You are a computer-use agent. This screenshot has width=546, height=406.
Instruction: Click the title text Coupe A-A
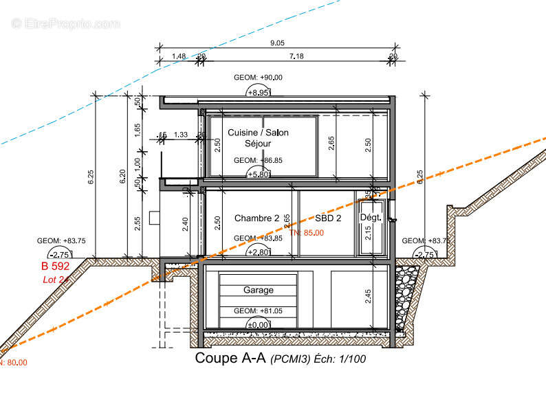(230, 358)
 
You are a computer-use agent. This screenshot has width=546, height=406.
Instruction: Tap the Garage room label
(258, 291)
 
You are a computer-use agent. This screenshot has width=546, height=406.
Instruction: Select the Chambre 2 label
(256, 218)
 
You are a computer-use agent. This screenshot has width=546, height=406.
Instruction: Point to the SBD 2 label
(328, 218)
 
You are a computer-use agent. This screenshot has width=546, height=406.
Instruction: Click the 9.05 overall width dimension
(278, 43)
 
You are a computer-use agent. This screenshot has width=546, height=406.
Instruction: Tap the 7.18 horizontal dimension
(296, 56)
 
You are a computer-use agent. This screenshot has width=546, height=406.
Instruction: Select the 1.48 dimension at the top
(179, 56)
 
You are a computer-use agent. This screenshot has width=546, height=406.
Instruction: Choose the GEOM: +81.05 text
(258, 311)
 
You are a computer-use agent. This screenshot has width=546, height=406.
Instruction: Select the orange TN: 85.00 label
(307, 233)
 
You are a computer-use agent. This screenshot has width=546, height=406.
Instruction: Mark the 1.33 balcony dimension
(182, 135)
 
